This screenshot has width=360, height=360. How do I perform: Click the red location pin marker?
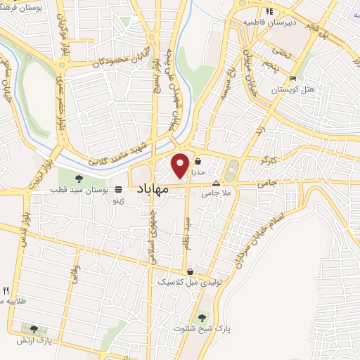tap(181, 165)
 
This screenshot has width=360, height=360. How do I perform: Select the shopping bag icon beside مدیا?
tap(198, 160)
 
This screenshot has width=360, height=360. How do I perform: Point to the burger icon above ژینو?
tap(118, 189)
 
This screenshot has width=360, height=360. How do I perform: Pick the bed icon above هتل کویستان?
tap(292, 77)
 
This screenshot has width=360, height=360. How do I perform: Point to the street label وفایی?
tap(74, 274)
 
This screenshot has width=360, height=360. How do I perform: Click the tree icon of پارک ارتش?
tap(34, 328)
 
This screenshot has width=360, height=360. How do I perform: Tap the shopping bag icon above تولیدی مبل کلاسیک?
tap(190, 271)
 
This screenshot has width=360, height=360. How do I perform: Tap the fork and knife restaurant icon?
tap(6, 290)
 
